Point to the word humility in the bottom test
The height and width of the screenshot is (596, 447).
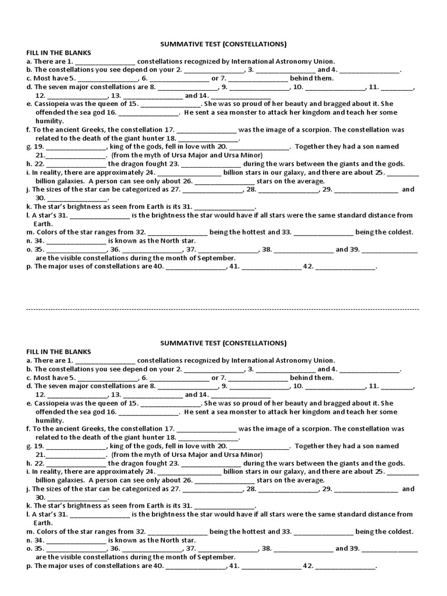pyautogui.click(x=49, y=420)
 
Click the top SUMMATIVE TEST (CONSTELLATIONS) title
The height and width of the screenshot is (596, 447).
pyautogui.click(x=223, y=44)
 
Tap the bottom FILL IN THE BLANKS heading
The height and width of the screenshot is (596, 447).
pyautogui.click(x=58, y=352)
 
